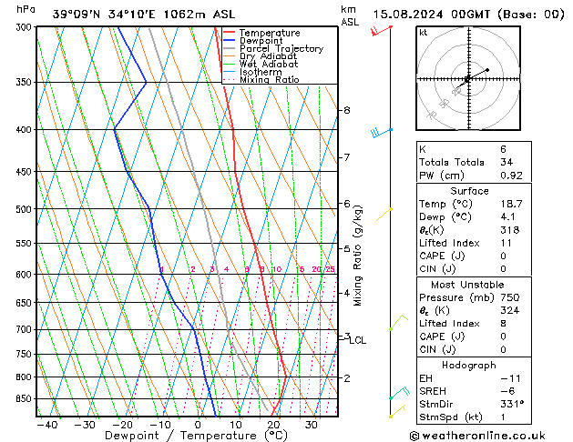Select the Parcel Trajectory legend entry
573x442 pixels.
pyautogui.click(x=280, y=49)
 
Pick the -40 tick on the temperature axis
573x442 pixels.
pyautogui.click(x=46, y=425)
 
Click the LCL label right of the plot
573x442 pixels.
pyautogui.click(x=358, y=340)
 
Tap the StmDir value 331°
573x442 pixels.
pyautogui.click(x=537, y=405)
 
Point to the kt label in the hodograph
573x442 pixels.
pyautogui.click(x=424, y=32)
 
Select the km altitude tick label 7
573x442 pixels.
pyautogui.click(x=346, y=157)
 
